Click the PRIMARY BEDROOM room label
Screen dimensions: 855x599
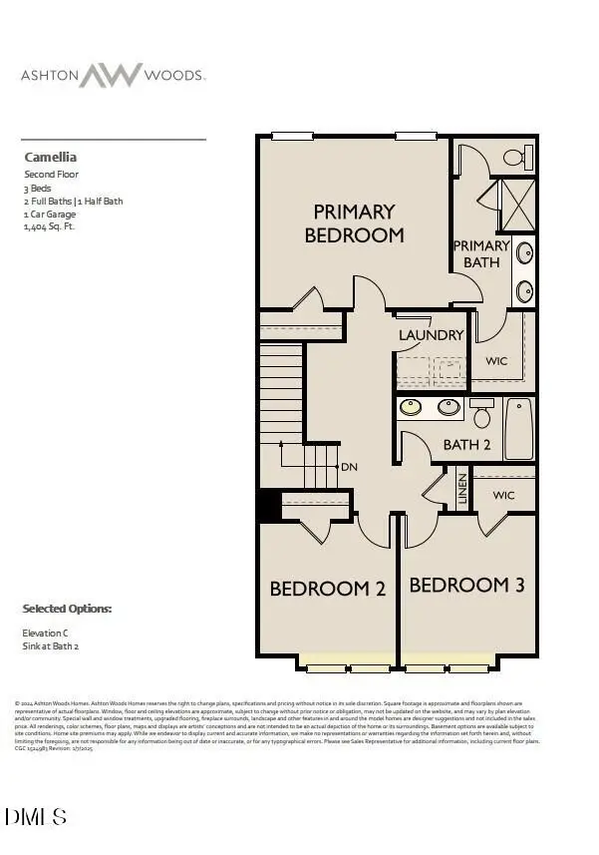(354, 223)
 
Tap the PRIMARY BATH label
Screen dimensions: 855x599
(481, 253)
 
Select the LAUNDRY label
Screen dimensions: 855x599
(431, 335)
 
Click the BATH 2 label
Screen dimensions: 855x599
(466, 444)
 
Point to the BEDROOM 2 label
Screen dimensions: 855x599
(327, 589)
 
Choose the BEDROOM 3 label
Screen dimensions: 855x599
(466, 585)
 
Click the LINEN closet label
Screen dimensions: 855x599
(461, 488)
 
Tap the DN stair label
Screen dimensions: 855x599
(349, 466)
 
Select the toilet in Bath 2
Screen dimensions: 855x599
(482, 412)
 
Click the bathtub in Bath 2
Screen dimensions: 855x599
(519, 428)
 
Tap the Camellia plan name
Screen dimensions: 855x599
(50, 157)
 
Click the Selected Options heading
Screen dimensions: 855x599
(67, 609)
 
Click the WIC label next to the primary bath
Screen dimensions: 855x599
(497, 360)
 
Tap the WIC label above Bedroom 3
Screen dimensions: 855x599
(502, 494)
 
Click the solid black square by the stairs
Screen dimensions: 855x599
(268, 505)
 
